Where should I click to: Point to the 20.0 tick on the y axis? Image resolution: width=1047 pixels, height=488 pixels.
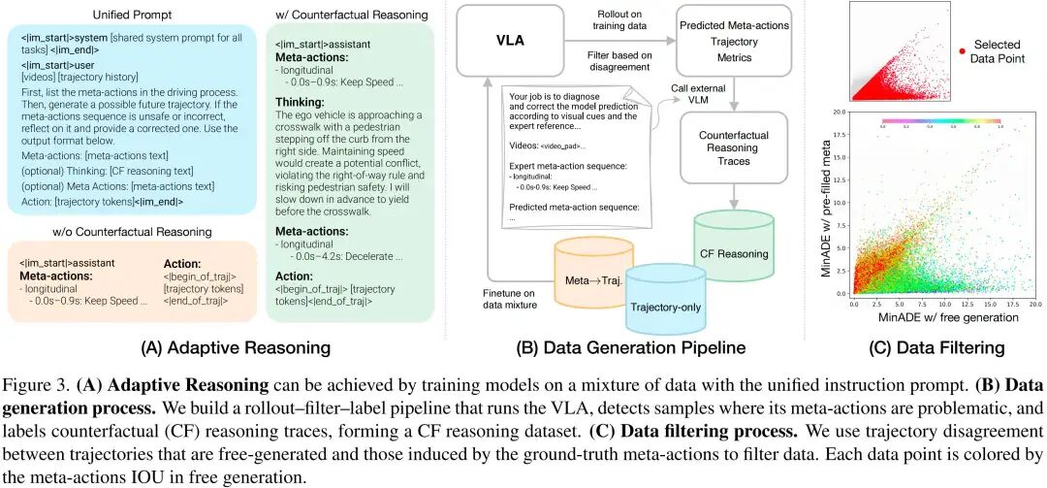pos(841,113)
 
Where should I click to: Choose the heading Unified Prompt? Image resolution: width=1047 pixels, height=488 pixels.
pos(131,15)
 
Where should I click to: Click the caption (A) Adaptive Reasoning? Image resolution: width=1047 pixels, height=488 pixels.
pos(137,347)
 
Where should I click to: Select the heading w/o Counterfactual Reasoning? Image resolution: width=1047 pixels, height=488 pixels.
pos(131,231)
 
